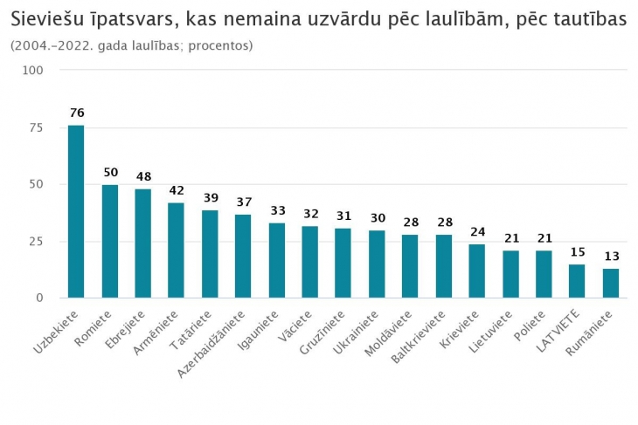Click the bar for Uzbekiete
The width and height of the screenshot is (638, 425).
(76, 211)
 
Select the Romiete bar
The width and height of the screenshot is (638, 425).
(110, 241)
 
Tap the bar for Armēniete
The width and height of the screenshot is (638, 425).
(177, 250)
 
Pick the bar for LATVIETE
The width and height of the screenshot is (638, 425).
(577, 281)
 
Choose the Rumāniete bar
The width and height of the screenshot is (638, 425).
(610, 284)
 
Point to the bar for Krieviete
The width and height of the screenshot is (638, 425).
(476, 271)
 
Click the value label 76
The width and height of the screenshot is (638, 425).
(76, 113)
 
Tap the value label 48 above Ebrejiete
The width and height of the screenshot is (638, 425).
(143, 176)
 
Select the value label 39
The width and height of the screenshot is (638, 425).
(210, 197)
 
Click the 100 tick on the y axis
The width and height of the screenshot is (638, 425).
(34, 71)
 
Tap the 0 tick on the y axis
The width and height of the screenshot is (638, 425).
(39, 298)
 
